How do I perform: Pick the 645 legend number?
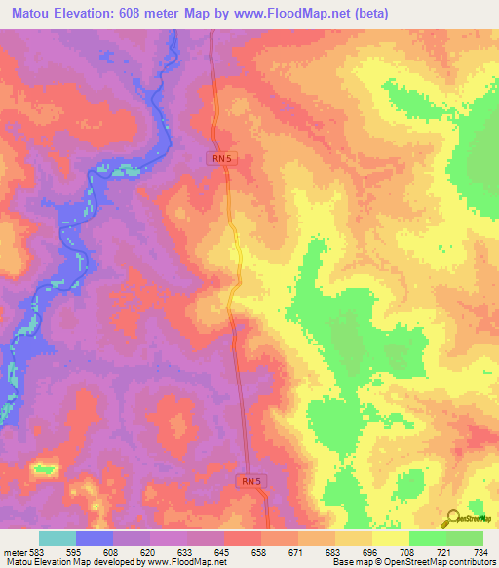[224, 550]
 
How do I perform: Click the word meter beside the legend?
[15, 550]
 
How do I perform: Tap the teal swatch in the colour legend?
[58, 538]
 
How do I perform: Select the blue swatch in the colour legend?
[95, 538]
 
